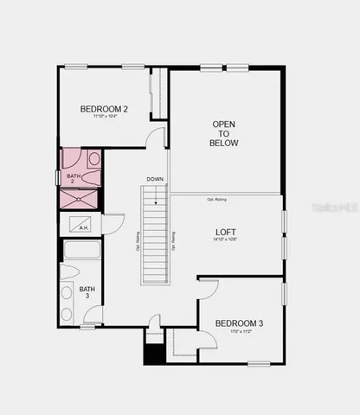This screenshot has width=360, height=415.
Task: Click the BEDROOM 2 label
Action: pyautogui.click(x=104, y=109)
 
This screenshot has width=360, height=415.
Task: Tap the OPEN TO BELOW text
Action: pyautogui.click(x=224, y=133)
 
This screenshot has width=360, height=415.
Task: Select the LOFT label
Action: pyautogui.click(x=226, y=233)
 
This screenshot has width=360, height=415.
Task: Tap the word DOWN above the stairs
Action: pyautogui.click(x=155, y=180)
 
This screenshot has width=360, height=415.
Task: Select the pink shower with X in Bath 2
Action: pyautogui.click(x=80, y=198)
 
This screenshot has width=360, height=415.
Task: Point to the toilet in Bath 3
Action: pyautogui.click(x=67, y=292)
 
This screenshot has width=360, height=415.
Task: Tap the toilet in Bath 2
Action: pyautogui.click(x=94, y=160)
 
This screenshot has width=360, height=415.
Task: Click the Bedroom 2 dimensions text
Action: pyautogui.click(x=104, y=117)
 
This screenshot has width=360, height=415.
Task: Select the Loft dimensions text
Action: pyautogui.click(x=226, y=241)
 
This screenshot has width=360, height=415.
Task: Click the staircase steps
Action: pyautogui.click(x=155, y=238)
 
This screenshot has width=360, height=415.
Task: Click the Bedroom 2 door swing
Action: pyautogui.click(x=156, y=138)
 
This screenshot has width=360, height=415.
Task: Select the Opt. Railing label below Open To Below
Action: pyautogui.click(x=217, y=200)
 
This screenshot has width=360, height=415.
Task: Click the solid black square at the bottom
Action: pyautogui.click(x=155, y=354)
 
